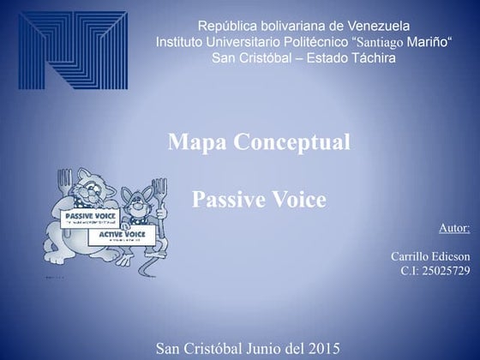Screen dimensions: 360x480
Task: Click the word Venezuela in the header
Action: (x=379, y=26)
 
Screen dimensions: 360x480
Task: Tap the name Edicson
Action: (x=452, y=256)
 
